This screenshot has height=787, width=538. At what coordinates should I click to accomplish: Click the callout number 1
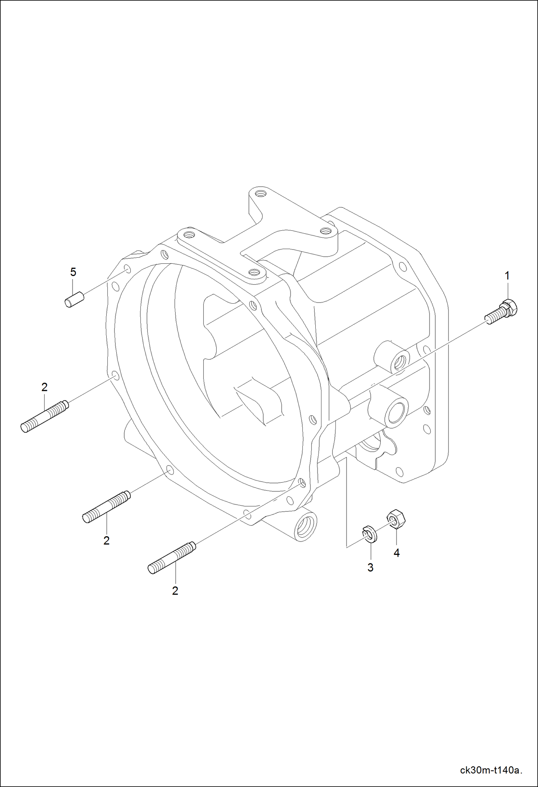[x=507, y=276]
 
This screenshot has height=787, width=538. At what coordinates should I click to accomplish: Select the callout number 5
[x=73, y=272]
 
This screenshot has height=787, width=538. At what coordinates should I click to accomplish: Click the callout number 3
[x=370, y=567]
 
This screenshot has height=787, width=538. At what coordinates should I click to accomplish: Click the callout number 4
[x=396, y=553]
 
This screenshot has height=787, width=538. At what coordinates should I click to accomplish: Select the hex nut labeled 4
[x=395, y=519]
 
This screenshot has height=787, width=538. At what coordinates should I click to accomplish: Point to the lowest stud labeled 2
[x=172, y=558]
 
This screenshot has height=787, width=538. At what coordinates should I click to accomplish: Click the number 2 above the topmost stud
[x=45, y=387]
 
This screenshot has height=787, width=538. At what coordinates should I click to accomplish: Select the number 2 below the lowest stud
[x=175, y=591]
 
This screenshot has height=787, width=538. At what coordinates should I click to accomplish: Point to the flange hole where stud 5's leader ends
[x=127, y=269]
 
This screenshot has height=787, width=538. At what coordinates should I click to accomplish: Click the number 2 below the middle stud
[x=106, y=540]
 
